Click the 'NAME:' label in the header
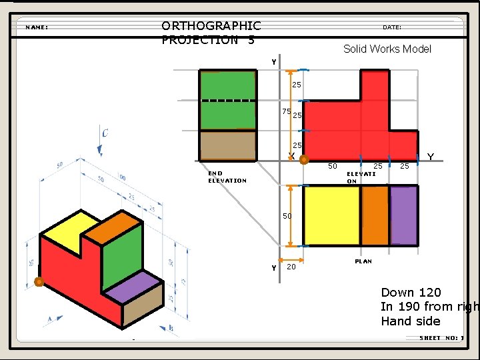coord(37,27)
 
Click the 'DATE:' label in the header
coord(392,27)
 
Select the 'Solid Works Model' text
coord(387,49)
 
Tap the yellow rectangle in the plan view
coord(331,215)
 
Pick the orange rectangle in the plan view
coord(375,215)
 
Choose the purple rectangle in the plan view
coord(403,215)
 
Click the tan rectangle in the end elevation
coord(227,145)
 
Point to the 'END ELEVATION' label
coord(227,177)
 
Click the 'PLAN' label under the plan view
coord(363,261)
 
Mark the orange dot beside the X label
coord(303,160)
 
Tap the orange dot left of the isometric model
coord(39,281)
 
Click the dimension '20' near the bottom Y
coord(291,267)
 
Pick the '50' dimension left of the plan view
coord(287,216)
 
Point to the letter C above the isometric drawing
coord(105,133)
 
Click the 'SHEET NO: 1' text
coord(441,338)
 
